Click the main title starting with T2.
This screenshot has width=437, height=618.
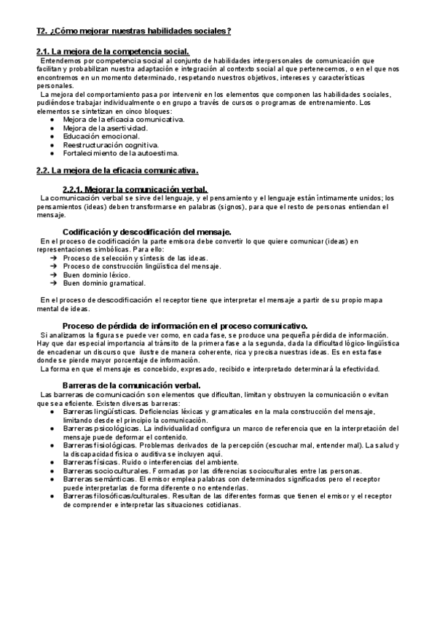[x=133, y=31]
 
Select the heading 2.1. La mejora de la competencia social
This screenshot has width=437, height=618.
[x=113, y=50]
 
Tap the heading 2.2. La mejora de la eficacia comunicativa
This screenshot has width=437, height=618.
[x=117, y=171]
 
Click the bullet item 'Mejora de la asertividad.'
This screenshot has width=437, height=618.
[x=105, y=128]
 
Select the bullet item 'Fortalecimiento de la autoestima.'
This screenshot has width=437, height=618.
[x=120, y=154]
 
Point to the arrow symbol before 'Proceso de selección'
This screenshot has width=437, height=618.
[x=54, y=257]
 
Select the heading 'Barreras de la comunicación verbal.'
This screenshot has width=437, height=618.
[x=131, y=384]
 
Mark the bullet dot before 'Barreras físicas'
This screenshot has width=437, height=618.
[x=53, y=462]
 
